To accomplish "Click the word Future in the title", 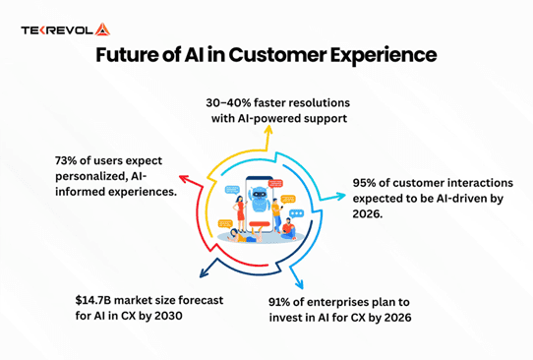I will [129, 56].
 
